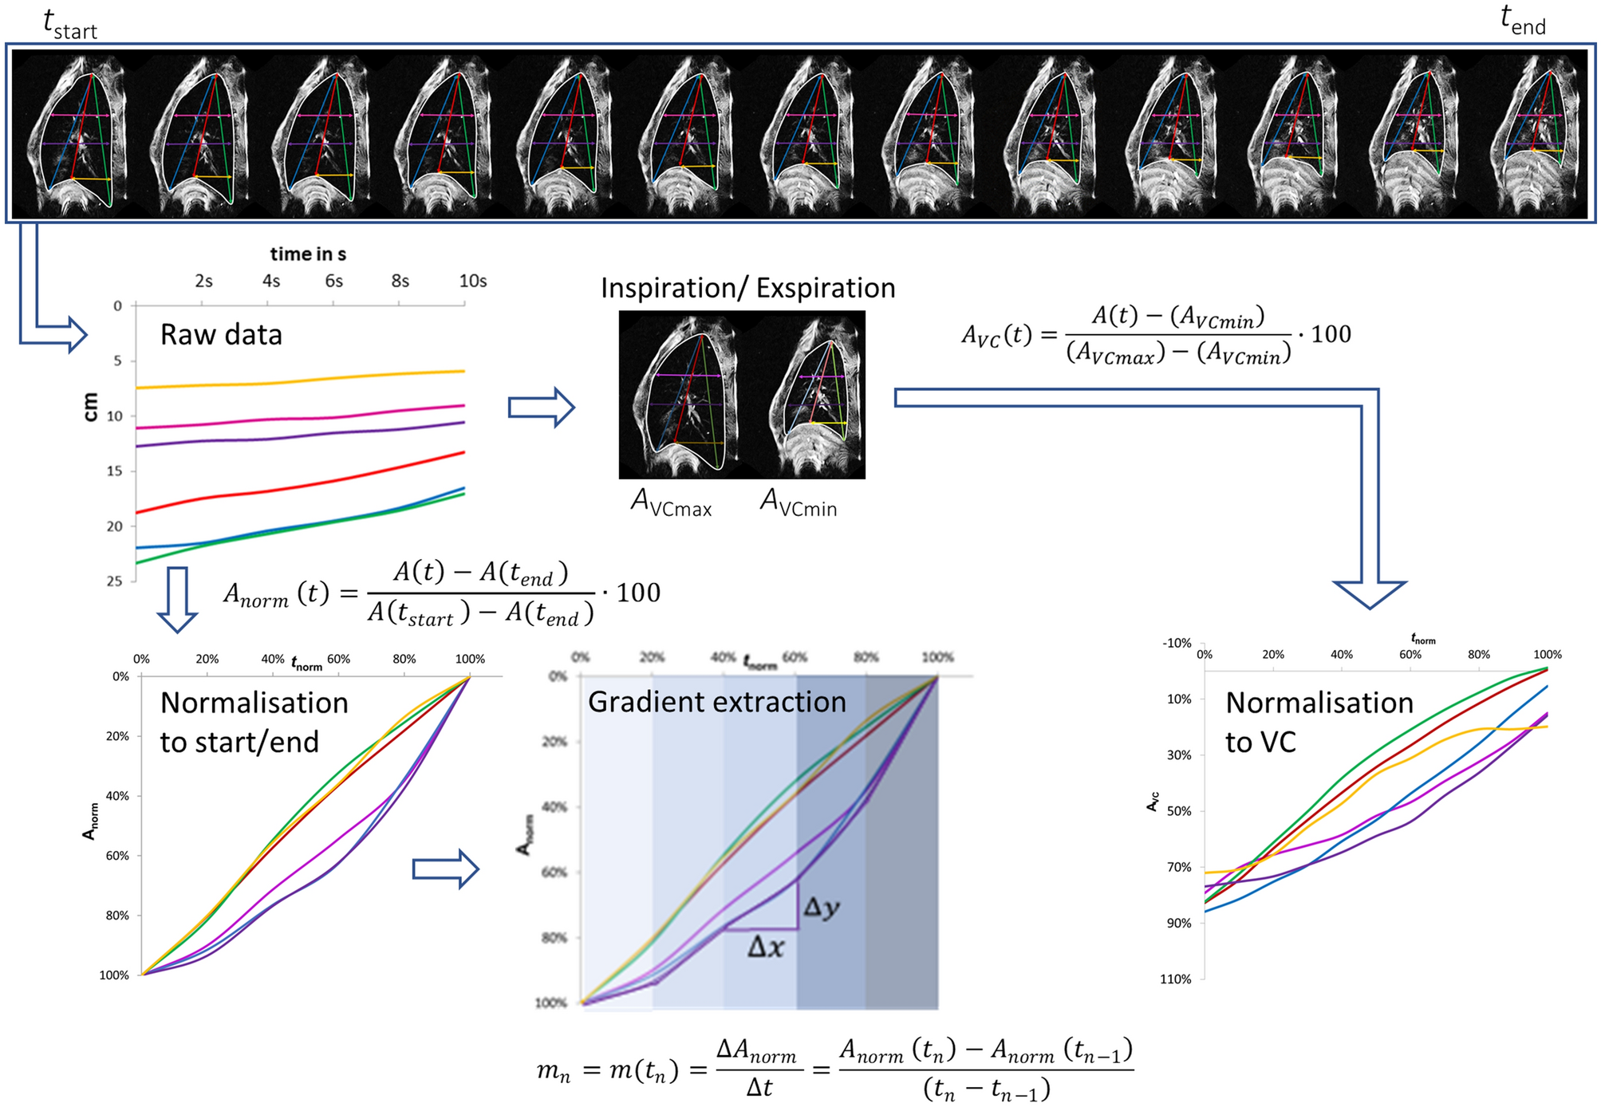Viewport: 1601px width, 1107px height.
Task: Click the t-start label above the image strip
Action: [x=69, y=24]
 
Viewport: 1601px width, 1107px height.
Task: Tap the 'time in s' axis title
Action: [x=308, y=254]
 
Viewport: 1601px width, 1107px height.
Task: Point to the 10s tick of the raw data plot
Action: [x=472, y=281]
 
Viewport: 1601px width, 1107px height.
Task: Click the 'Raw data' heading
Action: [x=221, y=334]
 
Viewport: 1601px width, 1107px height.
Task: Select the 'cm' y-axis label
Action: [x=90, y=407]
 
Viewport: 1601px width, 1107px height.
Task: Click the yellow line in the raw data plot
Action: [x=303, y=380]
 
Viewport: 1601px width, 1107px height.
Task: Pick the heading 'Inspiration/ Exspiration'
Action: [x=747, y=288]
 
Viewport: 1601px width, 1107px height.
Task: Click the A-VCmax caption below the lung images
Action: [x=670, y=503]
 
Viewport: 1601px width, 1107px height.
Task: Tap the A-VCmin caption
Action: [x=798, y=503]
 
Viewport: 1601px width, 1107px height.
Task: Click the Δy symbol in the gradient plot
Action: [x=821, y=908]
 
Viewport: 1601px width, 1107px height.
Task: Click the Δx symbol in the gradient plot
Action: [x=766, y=947]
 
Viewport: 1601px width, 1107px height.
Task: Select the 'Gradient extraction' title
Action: [x=716, y=702]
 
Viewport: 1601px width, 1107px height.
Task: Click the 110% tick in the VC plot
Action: [x=1175, y=979]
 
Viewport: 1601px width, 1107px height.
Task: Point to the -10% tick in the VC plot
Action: [x=1177, y=643]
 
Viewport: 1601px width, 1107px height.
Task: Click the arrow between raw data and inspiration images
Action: [x=542, y=408]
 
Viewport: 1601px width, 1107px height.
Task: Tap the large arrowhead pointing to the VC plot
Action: [x=1369, y=593]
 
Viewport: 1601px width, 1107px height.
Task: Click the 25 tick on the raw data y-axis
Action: [x=115, y=581]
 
